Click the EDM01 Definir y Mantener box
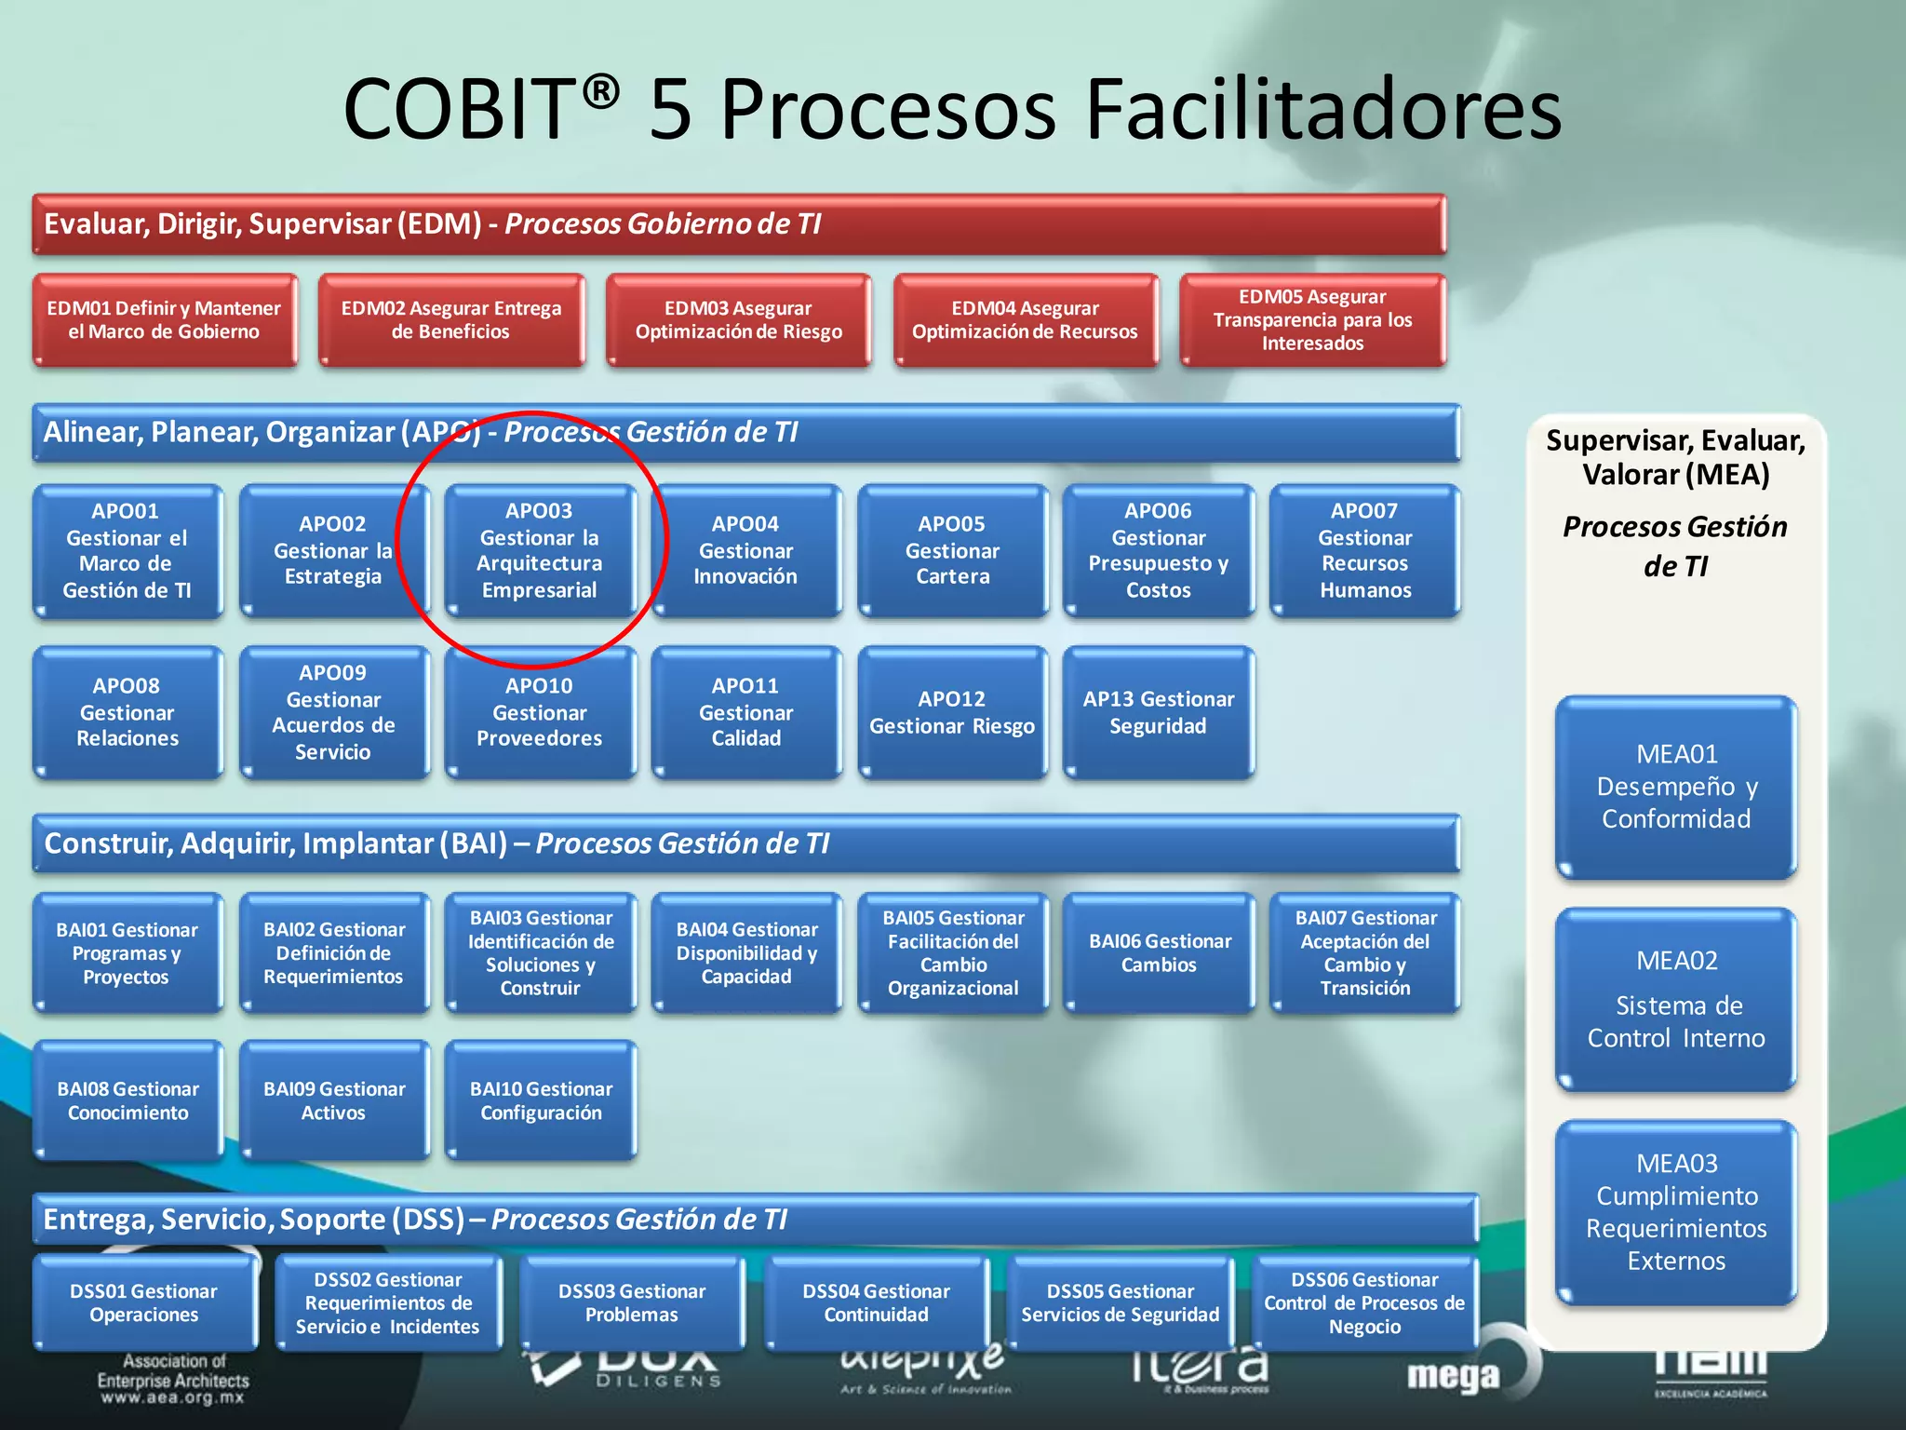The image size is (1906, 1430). coord(165,320)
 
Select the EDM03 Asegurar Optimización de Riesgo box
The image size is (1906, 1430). coord(738,320)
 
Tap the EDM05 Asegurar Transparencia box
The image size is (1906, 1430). coord(1312,320)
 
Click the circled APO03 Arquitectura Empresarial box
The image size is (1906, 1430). coord(540,550)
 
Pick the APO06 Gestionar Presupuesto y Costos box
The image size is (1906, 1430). coord(1159,550)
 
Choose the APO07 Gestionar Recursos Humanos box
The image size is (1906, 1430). coord(1364,550)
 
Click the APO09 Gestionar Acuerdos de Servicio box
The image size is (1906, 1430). coord(333,712)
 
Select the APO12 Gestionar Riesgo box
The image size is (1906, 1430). coord(952,712)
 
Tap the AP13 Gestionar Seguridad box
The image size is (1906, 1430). coord(1159,712)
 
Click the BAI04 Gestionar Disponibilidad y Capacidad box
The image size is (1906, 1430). coord(746,952)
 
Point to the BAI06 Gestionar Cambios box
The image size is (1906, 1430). coord(1160,952)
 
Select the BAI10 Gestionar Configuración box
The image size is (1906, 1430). coord(541,1100)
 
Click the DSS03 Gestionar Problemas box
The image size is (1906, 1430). coord(632,1302)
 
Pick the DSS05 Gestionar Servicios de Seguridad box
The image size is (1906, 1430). coord(1121,1302)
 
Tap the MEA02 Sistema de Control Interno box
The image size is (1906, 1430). coord(1676,999)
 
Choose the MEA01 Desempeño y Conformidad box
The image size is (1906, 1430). coord(1676,787)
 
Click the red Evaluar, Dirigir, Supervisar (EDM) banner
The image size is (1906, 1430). coord(739,224)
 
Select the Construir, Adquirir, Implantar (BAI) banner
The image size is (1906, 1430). coord(745,843)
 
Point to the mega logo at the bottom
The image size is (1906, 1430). coord(1454,1375)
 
